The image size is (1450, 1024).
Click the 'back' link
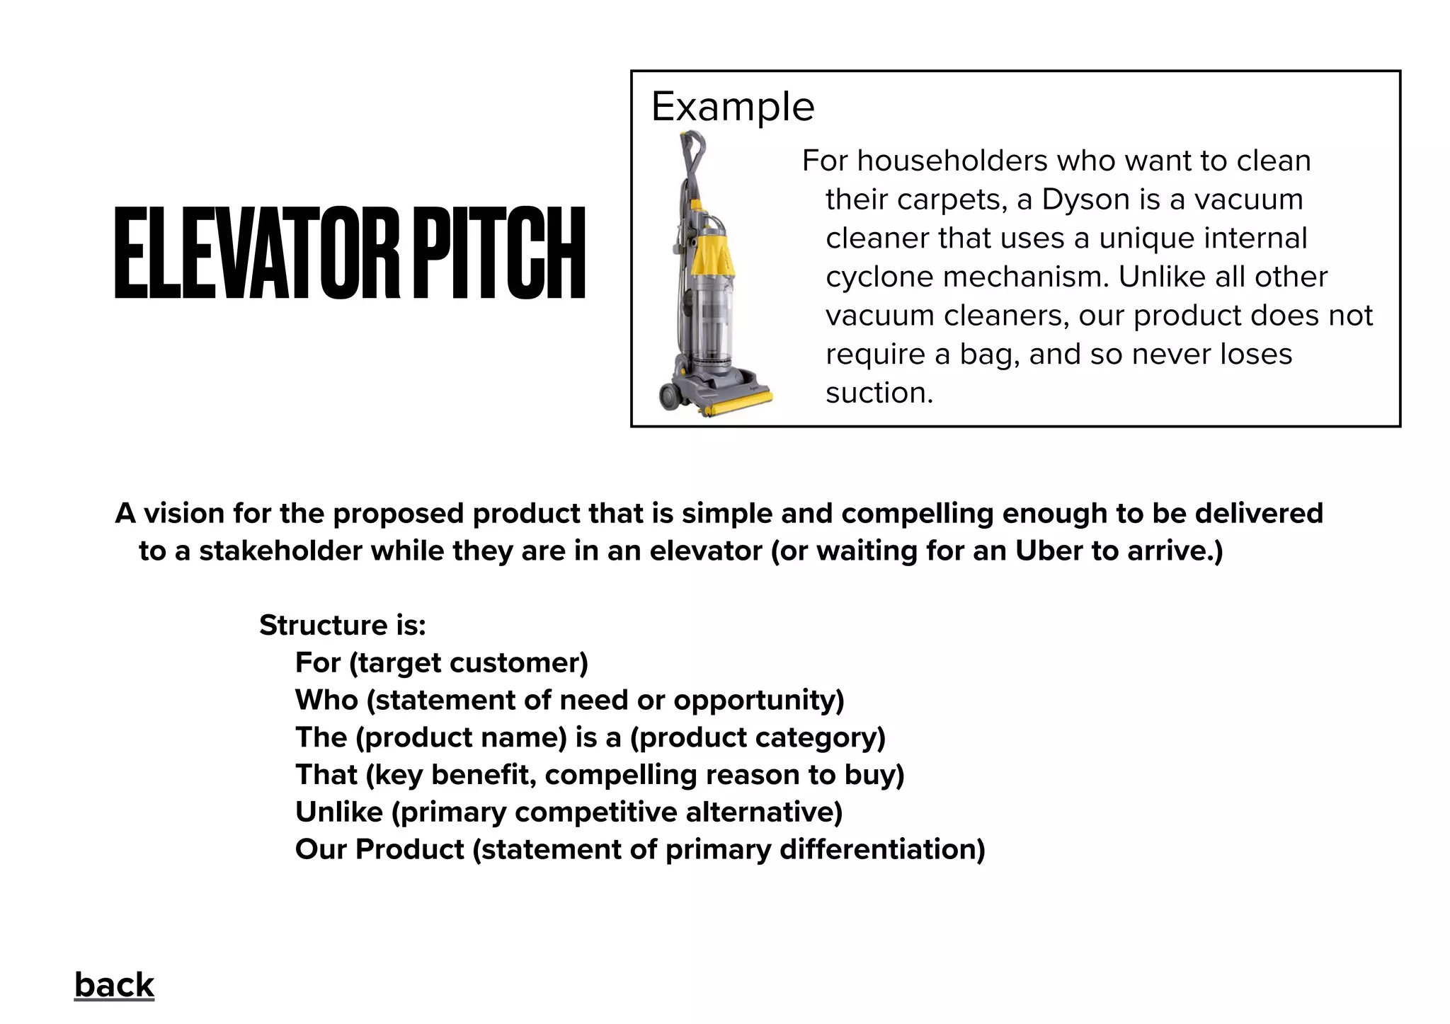pyautogui.click(x=114, y=985)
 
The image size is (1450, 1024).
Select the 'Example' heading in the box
pyautogui.click(x=733, y=107)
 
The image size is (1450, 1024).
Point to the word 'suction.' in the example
pyautogui.click(x=879, y=393)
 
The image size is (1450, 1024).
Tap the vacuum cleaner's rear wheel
pyautogui.click(x=670, y=396)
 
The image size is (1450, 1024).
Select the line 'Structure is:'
pyautogui.click(x=342, y=626)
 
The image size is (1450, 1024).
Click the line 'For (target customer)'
pyautogui.click(x=441, y=663)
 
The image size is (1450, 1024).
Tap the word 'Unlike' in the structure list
pyautogui.click(x=338, y=812)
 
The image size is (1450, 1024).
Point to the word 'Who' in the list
pyautogui.click(x=326, y=701)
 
